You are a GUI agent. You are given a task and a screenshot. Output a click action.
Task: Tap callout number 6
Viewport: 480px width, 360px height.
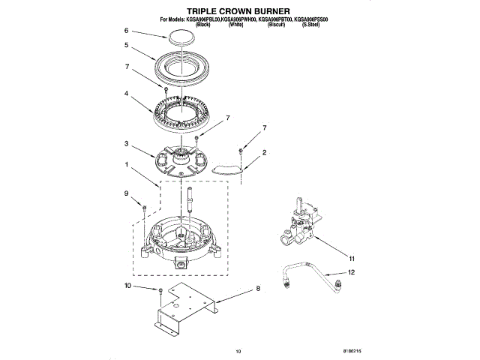(x=127, y=31)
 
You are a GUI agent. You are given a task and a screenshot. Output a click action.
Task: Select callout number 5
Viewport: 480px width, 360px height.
(x=127, y=45)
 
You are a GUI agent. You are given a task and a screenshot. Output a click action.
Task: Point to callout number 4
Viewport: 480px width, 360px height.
(x=127, y=94)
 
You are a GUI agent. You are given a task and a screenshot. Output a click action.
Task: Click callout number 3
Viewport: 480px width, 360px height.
(x=127, y=144)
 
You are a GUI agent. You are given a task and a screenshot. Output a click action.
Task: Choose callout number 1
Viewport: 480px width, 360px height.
(x=127, y=164)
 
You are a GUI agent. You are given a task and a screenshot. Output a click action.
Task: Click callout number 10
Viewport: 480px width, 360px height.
(x=127, y=286)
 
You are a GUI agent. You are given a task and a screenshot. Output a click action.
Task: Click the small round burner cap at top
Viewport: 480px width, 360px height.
(x=181, y=36)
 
